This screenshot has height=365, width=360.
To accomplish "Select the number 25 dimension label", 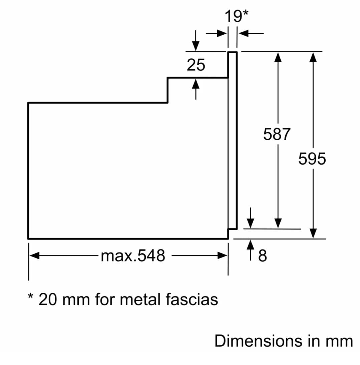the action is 196,65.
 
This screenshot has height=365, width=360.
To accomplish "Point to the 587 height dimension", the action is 277,134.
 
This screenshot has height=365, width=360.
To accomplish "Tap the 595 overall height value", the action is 312,159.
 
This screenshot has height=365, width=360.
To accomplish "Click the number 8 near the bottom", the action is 262,256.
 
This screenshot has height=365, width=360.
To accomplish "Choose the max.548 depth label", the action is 133,256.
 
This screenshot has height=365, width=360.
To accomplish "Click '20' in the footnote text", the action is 47,299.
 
